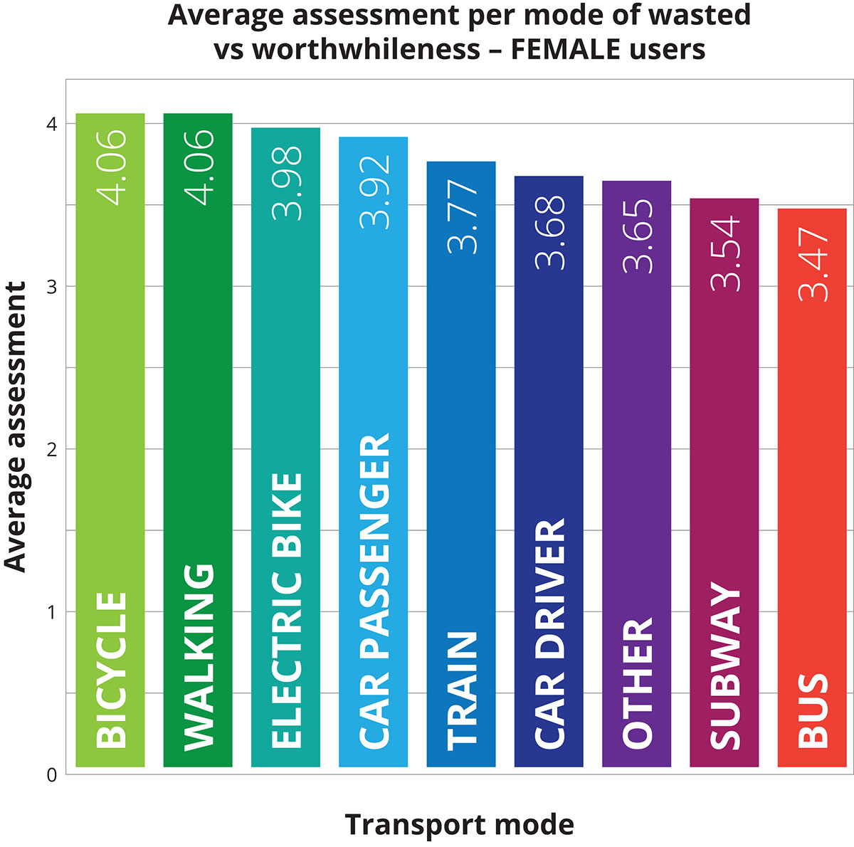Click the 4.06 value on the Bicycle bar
tap(111, 167)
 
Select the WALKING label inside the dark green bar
tap(199, 657)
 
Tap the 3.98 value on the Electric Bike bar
tap(287, 183)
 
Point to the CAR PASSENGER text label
tap(374, 591)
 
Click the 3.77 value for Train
tap(463, 216)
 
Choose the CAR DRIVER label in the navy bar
tap(549, 633)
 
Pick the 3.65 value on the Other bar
tap(638, 236)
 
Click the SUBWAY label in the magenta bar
tap(725, 665)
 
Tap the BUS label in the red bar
tap(813, 710)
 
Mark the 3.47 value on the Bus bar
tap(813, 264)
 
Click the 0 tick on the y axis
tap(51, 775)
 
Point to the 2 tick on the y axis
tap(51, 449)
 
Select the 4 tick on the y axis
tap(51, 124)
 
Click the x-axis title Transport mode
tap(459, 825)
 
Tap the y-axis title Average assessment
tap(16, 427)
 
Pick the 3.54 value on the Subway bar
tap(725, 254)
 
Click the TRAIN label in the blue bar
tap(462, 690)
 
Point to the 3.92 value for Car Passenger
tap(374, 191)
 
